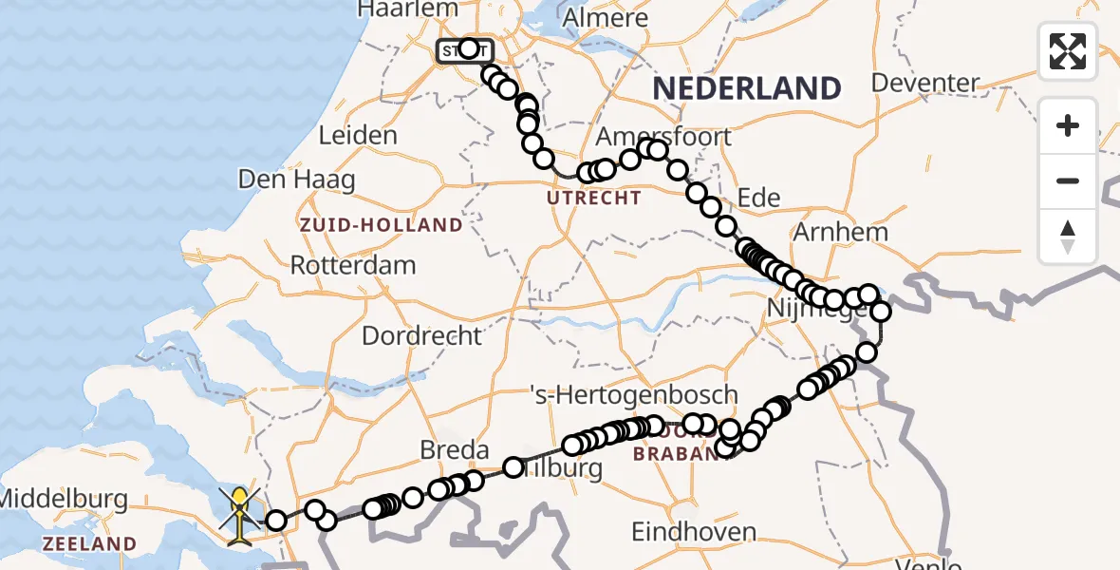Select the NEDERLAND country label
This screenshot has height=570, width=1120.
746,88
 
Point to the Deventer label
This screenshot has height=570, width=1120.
924,83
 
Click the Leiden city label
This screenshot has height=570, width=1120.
357,136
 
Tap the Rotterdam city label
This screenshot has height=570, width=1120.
352,264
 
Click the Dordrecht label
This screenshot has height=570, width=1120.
421,335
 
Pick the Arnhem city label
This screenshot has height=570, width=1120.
843,232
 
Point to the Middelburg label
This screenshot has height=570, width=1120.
63,498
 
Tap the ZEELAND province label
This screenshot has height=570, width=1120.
89,544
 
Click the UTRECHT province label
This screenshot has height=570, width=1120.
593,199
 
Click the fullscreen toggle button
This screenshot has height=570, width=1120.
1068,51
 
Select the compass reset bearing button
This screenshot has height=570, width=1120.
1068,236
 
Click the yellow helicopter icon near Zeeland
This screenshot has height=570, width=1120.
240,516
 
